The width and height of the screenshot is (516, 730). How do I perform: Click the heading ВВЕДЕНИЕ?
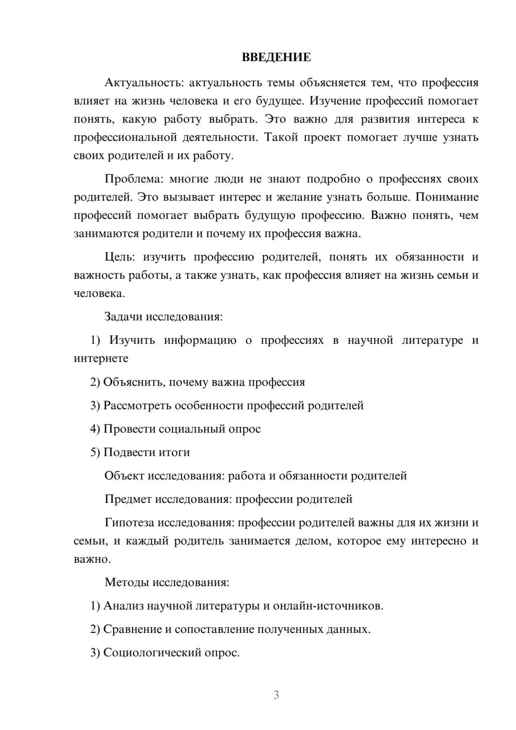276,57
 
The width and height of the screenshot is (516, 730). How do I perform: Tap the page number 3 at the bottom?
276,695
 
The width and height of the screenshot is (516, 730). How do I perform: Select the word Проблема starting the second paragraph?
133,179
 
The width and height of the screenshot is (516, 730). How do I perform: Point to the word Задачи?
123,316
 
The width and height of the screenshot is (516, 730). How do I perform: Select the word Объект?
124,475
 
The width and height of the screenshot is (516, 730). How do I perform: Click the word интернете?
101,358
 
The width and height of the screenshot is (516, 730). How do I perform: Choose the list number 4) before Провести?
95,429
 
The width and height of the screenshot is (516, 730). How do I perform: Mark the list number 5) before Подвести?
95,452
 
